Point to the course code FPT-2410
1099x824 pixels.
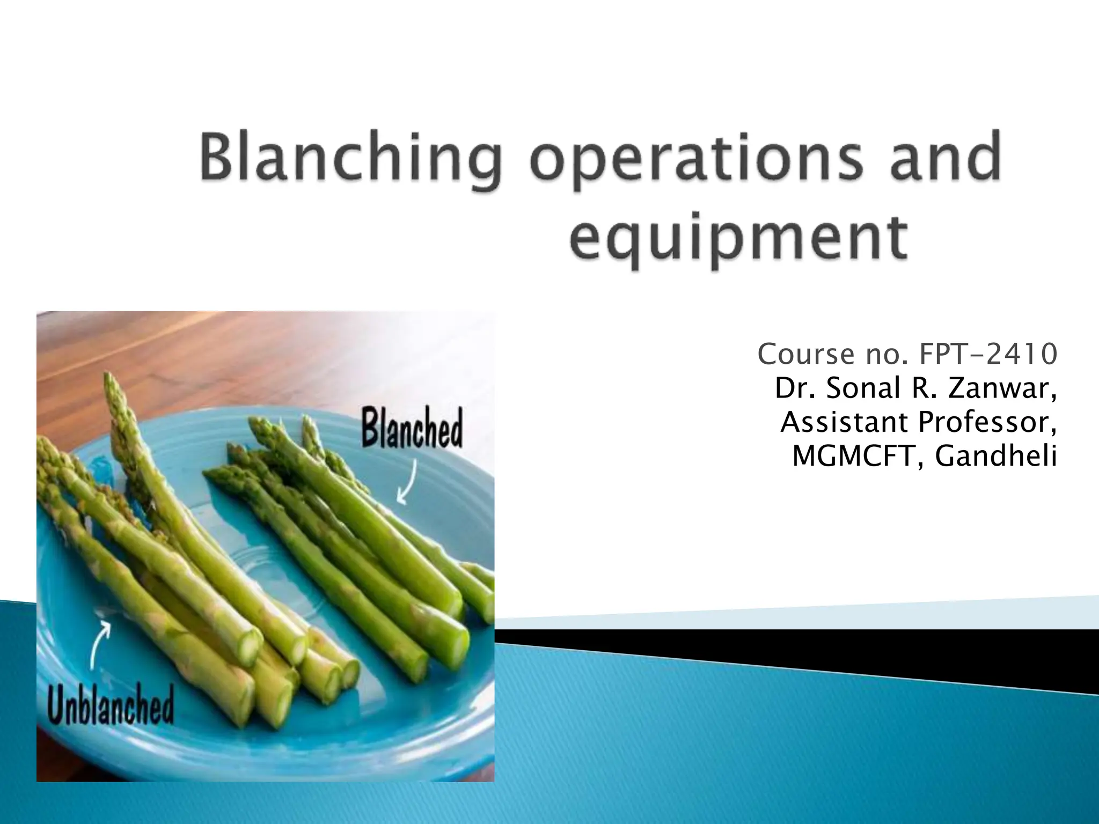click(988, 354)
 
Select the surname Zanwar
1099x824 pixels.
click(1002, 388)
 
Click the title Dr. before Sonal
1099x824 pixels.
click(796, 388)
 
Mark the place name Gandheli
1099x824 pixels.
click(995, 457)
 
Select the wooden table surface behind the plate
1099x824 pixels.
click(215, 354)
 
